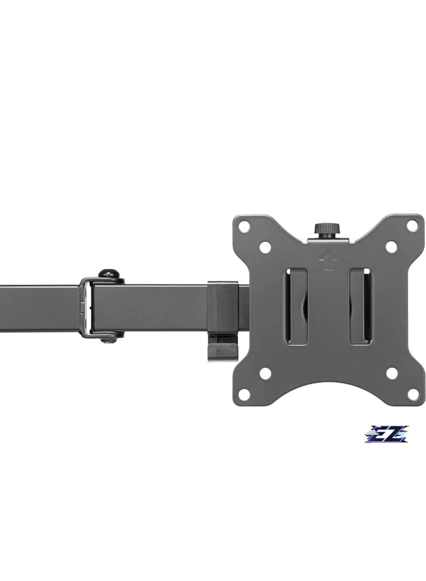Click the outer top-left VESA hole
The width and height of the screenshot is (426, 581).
pos(243,226)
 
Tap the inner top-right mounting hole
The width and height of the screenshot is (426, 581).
pos(391,245)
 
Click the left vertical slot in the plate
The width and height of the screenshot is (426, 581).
pos(296,311)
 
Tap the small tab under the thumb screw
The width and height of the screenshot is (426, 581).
pos(327,240)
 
